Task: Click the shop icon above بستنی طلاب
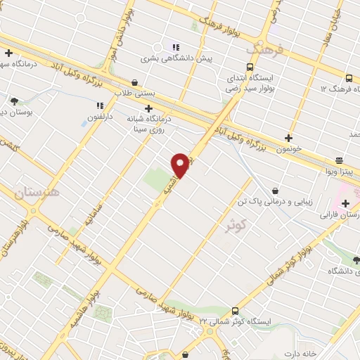[134, 82]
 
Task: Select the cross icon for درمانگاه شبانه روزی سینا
[148, 108]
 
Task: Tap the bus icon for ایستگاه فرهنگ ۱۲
[350, 78]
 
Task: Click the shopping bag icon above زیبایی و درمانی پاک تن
[274, 190]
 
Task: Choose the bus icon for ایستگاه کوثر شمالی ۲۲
[234, 311]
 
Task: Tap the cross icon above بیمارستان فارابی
[345, 203]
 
